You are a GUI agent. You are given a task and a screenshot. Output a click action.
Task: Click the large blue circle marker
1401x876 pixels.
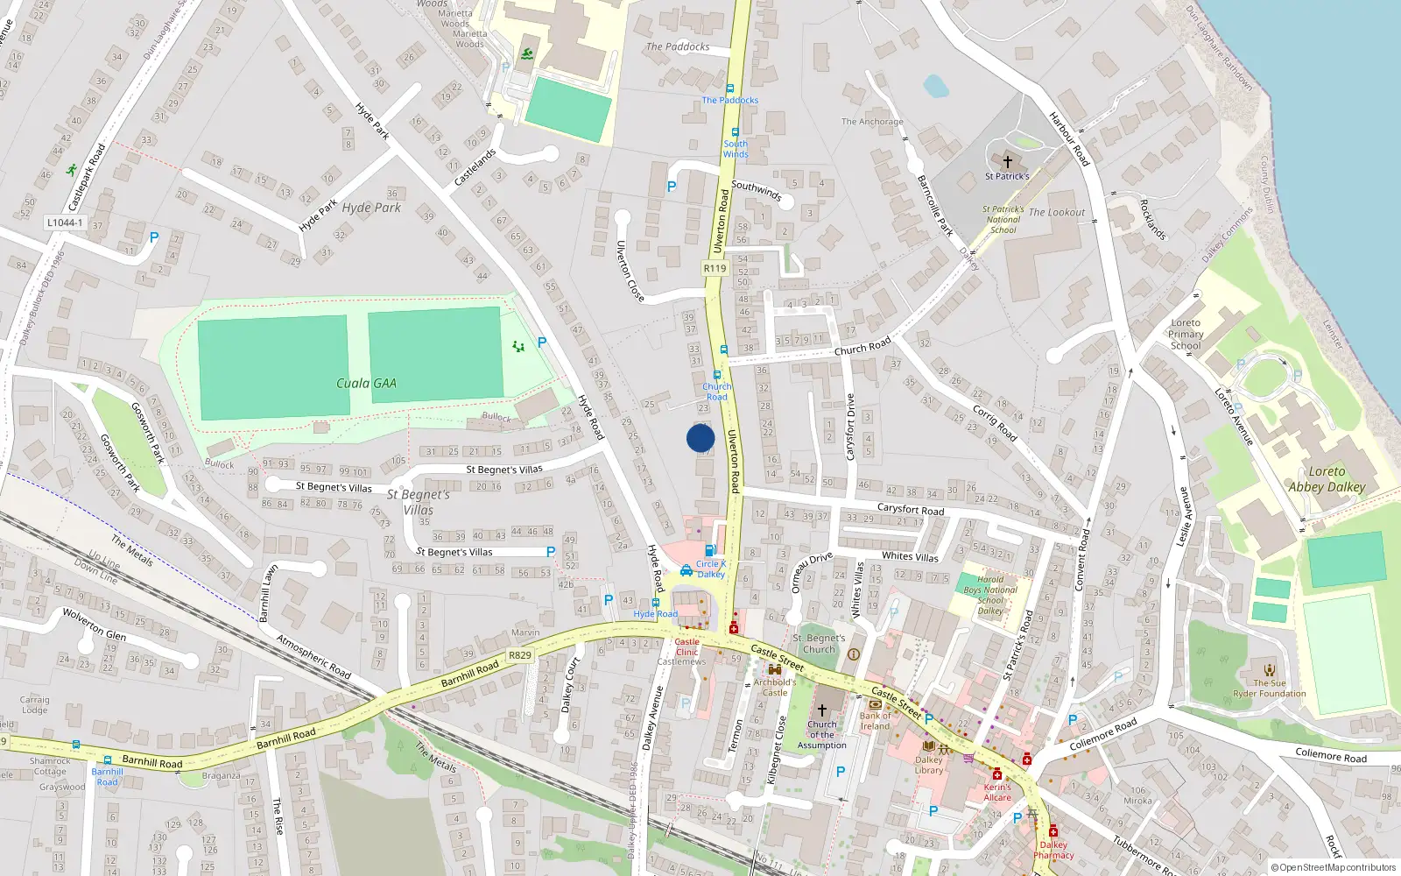coord(700,438)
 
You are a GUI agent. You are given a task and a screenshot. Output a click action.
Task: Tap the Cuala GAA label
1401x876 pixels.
coord(366,383)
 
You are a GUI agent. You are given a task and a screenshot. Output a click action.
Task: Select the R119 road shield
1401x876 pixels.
coord(715,268)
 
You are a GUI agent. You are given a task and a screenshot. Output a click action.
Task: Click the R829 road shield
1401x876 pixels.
coord(519,655)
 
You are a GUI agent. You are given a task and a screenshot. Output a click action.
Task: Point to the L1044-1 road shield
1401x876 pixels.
coord(65,223)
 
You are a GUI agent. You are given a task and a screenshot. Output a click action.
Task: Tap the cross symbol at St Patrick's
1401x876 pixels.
coord(1007,162)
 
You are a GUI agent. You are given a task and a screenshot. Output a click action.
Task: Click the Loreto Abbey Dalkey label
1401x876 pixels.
coord(1327,479)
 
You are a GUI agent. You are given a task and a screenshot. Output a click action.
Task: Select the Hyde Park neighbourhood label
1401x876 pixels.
coord(371,208)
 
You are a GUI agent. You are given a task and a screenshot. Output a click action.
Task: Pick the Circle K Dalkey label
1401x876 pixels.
coord(710,569)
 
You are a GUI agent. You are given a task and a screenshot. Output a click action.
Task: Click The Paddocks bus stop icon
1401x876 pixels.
coord(729,88)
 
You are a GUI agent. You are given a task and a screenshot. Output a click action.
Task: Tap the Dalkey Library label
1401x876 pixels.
coord(929,765)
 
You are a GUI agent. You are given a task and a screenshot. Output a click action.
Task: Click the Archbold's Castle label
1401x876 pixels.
coord(775,687)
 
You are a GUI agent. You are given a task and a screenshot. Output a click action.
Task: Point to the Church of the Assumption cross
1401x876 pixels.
coord(821,710)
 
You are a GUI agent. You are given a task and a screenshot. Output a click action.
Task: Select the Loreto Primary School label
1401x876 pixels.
coord(1186,334)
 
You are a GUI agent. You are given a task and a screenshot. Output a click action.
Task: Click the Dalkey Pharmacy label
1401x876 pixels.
coord(1053,850)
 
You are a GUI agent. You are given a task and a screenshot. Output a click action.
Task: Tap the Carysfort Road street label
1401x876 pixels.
coord(911,509)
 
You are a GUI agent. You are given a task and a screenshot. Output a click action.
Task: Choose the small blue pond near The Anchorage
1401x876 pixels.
coord(935,85)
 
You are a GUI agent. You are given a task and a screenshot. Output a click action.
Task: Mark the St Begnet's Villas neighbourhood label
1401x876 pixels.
coord(419,502)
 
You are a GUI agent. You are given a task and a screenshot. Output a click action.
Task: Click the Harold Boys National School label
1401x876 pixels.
coord(990,595)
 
